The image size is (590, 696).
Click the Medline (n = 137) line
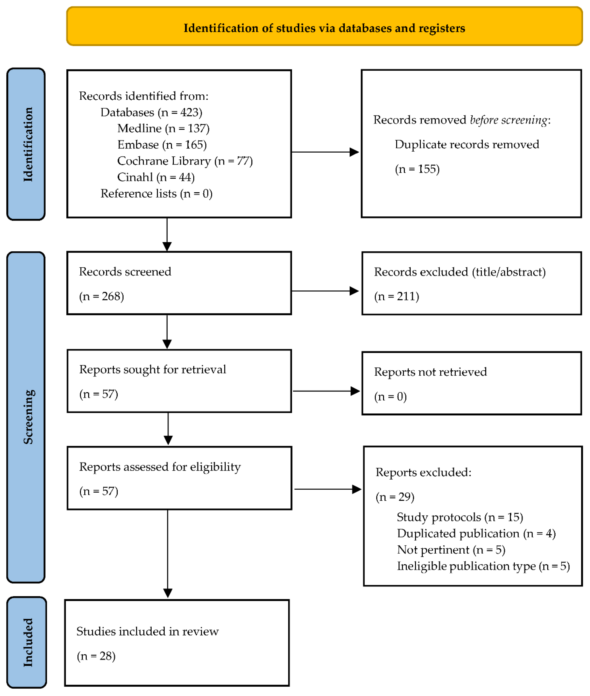163,128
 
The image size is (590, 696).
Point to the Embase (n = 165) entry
162,145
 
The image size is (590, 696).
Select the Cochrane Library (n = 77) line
185,161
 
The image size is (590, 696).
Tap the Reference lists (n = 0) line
156,193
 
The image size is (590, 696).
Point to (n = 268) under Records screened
101,296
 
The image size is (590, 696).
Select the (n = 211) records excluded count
396,296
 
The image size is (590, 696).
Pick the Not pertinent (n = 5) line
451,550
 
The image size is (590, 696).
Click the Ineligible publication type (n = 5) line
483,566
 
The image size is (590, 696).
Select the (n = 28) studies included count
96,656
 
